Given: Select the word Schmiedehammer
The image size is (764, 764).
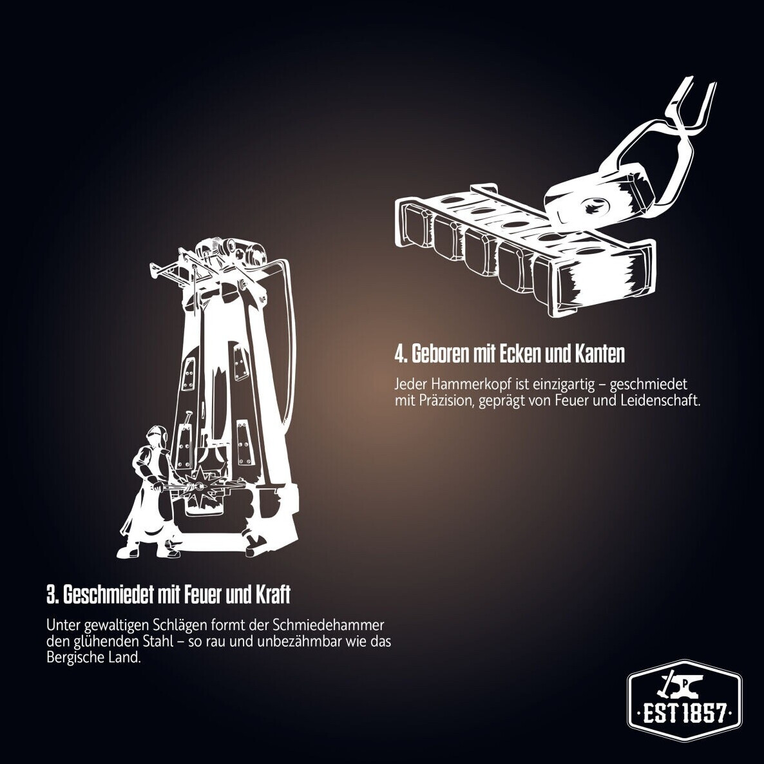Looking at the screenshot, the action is point(329,625).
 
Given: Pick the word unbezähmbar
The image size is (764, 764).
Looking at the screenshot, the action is point(300,641).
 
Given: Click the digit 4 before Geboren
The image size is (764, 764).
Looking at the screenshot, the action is point(399,355).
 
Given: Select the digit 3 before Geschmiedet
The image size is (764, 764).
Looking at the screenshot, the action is point(51,595).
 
